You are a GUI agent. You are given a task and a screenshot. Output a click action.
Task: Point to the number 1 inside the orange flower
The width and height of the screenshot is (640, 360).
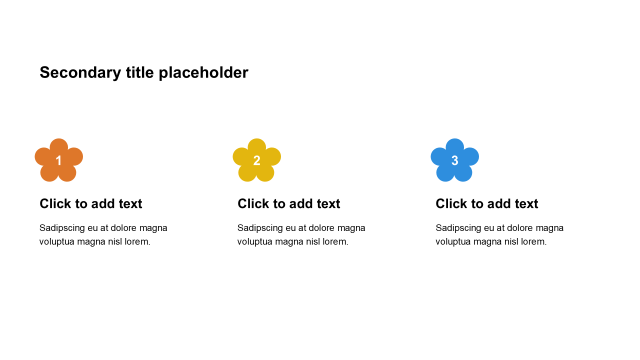point(58,160)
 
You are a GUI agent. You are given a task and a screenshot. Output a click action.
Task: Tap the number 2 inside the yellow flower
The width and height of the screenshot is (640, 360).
point(256,160)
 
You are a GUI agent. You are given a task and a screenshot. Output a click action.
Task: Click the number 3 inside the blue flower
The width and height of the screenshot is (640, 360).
point(454,160)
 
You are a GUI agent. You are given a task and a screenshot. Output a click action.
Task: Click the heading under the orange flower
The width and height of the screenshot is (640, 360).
point(90,204)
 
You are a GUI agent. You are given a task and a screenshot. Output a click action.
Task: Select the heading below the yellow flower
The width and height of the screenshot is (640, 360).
point(288,204)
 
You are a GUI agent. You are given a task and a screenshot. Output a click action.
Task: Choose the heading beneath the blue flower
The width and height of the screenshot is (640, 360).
point(486,204)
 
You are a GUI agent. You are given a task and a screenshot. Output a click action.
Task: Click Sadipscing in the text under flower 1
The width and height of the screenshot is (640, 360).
point(62,228)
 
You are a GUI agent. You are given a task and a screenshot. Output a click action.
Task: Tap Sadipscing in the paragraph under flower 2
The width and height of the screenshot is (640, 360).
point(260,228)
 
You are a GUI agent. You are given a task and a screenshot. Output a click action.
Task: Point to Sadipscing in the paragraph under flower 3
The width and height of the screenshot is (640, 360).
point(458,228)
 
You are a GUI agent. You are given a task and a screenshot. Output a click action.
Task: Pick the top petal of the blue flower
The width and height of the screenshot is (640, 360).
point(454,146)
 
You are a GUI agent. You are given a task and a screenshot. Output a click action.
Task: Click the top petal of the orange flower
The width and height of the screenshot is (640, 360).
point(58,146)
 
